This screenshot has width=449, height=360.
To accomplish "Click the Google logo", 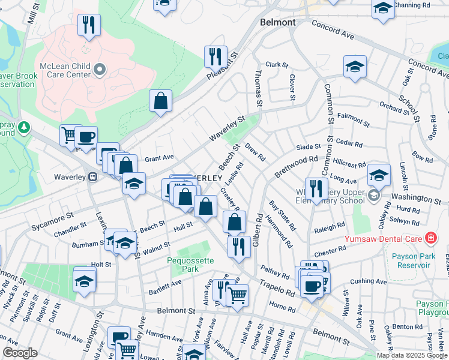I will pos(20,353).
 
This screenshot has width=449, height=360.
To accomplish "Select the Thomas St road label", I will pos(259,89).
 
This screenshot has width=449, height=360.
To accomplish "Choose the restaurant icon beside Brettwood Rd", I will pos(315,188).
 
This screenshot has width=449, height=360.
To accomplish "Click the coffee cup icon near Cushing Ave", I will pos(312,286).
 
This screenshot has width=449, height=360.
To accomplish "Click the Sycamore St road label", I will pos(53,214).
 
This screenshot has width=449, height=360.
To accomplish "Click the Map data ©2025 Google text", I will pos(411,355).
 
